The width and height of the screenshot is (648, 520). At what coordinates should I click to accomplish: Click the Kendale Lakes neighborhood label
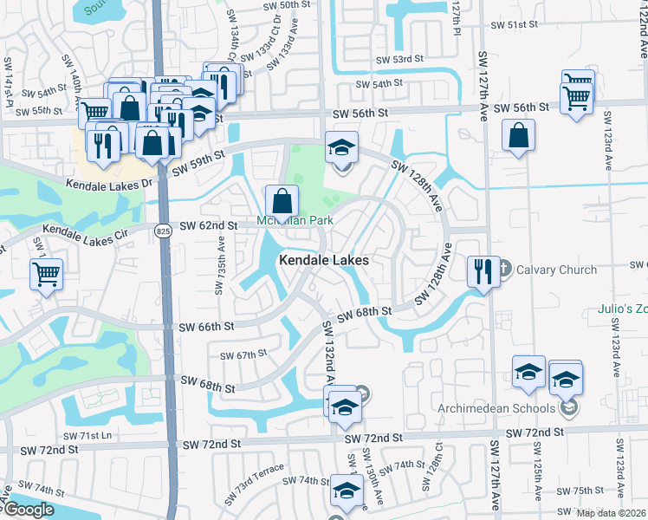pyautogui.click(x=324, y=260)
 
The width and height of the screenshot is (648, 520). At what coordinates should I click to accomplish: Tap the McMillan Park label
pyautogui.click(x=295, y=221)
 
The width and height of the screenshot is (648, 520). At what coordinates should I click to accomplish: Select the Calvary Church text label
pyautogui.click(x=557, y=270)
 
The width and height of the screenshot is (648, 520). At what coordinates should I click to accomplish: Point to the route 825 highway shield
pyautogui.click(x=164, y=231)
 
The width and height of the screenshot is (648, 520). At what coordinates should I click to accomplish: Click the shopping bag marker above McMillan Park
pyautogui.click(x=282, y=203)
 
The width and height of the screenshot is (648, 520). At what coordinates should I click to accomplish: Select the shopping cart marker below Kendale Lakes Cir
pyautogui.click(x=46, y=274)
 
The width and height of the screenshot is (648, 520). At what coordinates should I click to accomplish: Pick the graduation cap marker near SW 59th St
pyautogui.click(x=341, y=147)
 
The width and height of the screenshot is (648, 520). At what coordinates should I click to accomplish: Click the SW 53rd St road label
pyautogui.click(x=399, y=60)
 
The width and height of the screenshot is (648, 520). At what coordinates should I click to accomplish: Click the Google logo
pyautogui.click(x=28, y=510)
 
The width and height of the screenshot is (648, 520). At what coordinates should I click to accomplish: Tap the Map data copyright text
pyautogui.click(x=612, y=513)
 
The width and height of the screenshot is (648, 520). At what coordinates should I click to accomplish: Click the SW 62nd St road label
pyautogui.click(x=209, y=226)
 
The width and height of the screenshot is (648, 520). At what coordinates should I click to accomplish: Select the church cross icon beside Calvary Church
pyautogui.click(x=506, y=269)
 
